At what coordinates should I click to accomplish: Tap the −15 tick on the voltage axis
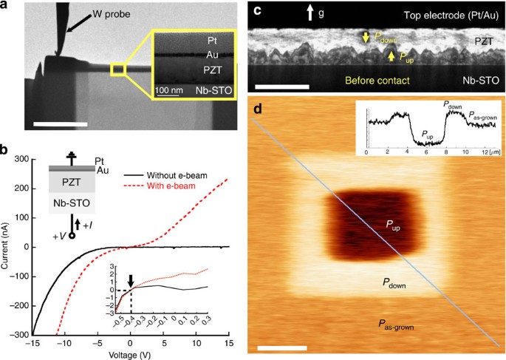pyautogui.click(x=32, y=343)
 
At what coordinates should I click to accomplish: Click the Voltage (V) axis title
pyautogui.click(x=131, y=355)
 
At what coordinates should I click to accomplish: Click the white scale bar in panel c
pyautogui.click(x=281, y=87)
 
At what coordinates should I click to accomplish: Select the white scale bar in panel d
pyautogui.click(x=281, y=347)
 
